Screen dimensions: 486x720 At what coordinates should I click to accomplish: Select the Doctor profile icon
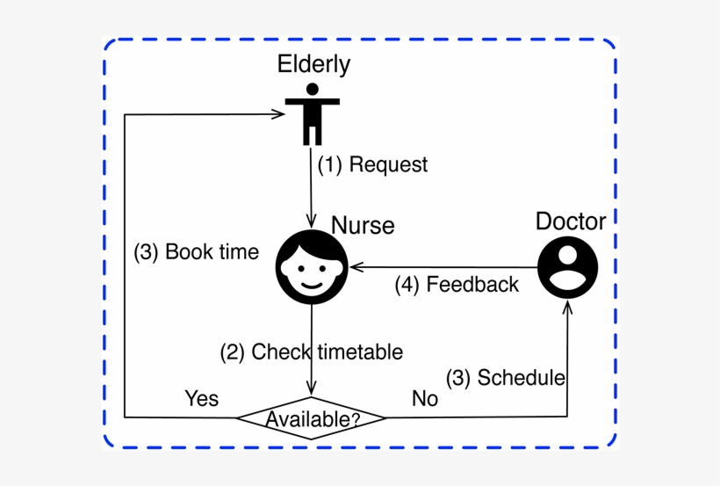[568, 266]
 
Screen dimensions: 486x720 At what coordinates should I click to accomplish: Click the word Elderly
[313, 64]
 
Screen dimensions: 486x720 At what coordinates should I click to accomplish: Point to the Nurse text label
[363, 226]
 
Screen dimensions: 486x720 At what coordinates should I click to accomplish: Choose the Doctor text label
[571, 221]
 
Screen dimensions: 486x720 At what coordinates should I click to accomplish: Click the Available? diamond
[313, 418]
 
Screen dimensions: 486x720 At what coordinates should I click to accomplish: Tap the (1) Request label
[372, 164]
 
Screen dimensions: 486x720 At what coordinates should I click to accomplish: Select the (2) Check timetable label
[311, 352]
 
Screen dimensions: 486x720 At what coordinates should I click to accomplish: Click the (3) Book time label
[196, 252]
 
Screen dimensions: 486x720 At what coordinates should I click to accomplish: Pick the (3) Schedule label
[505, 378]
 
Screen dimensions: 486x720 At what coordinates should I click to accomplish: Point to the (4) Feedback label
[457, 285]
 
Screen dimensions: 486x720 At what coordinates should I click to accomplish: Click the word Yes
[201, 398]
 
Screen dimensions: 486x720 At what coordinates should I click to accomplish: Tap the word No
[425, 399]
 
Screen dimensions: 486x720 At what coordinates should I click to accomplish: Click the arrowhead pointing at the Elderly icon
[280, 113]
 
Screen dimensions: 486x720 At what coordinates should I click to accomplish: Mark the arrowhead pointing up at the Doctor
[568, 308]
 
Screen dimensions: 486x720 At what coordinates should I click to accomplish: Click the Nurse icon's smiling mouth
[312, 284]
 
